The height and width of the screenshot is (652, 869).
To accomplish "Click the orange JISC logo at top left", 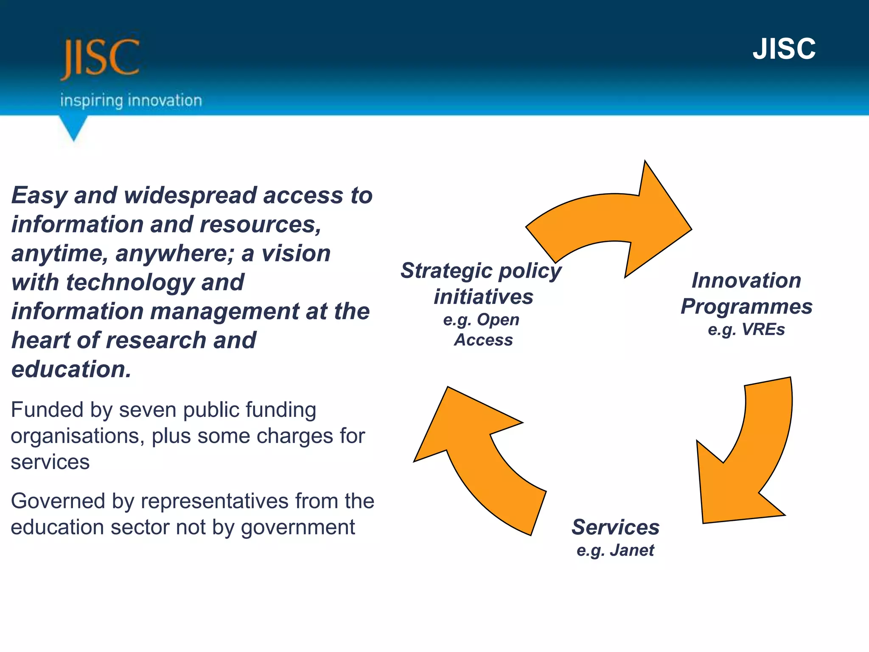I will [100, 59].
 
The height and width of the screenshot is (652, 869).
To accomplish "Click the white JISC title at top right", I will [784, 49].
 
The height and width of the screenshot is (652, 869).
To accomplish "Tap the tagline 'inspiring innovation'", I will [131, 101].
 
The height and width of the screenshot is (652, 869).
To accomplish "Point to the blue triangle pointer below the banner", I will [74, 128].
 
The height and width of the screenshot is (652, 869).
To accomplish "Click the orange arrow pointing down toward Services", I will [747, 463].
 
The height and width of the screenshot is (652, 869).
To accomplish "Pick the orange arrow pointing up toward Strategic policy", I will [475, 458].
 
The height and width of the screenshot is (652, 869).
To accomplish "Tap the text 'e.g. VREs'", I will [746, 330].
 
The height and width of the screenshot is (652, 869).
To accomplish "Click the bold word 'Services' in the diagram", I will [615, 527].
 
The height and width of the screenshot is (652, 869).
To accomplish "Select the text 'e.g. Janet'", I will [615, 551].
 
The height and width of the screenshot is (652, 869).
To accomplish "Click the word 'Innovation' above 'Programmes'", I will [746, 281].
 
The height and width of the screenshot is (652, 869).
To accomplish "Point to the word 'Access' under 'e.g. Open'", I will [483, 340].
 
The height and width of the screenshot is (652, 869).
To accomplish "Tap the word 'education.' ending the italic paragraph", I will [71, 369].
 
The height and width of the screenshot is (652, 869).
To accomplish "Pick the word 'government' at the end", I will [298, 528].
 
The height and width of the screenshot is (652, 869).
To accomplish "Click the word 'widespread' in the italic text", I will [190, 196].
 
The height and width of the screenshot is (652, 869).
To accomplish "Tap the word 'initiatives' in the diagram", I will [483, 297].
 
